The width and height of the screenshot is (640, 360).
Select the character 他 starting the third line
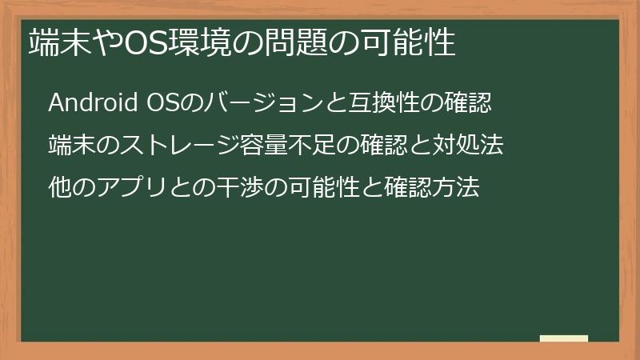[59, 189]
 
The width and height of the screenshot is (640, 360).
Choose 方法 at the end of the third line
[458, 189]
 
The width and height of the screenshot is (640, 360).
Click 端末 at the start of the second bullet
[70, 146]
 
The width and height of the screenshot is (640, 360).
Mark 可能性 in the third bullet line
[324, 189]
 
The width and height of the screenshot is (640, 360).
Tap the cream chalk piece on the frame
[564, 339]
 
